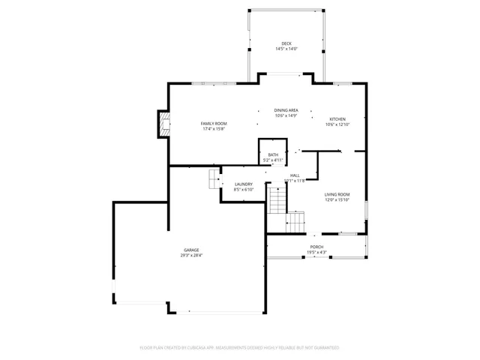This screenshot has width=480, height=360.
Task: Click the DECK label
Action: coord(286,43)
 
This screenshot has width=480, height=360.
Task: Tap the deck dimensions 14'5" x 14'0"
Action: coord(286,49)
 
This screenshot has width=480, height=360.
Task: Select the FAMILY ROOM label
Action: coord(213,123)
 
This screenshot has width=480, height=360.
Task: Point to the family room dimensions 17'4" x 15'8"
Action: coord(213,129)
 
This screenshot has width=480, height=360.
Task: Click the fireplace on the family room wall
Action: coord(162,124)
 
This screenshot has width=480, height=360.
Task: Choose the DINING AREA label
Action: coord(286,110)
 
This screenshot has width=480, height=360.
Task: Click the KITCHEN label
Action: coord(337,119)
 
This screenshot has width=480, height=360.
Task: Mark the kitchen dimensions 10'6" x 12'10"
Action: coord(337,124)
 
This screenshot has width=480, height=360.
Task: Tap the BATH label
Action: coord(273,154)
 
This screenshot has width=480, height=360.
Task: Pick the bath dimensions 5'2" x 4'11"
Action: coord(273,160)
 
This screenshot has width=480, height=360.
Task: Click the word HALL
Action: coord(295,175)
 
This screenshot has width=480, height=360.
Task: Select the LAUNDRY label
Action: coord(243,184)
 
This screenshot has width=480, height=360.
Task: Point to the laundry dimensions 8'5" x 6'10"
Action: coord(243,189)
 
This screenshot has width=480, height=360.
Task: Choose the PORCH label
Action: coord(316,247)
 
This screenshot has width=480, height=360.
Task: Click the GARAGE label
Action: coord(191,250)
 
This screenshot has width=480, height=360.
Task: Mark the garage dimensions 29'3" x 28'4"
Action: coord(191,255)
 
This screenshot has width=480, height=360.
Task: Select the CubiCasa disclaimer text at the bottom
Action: coord(240,348)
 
